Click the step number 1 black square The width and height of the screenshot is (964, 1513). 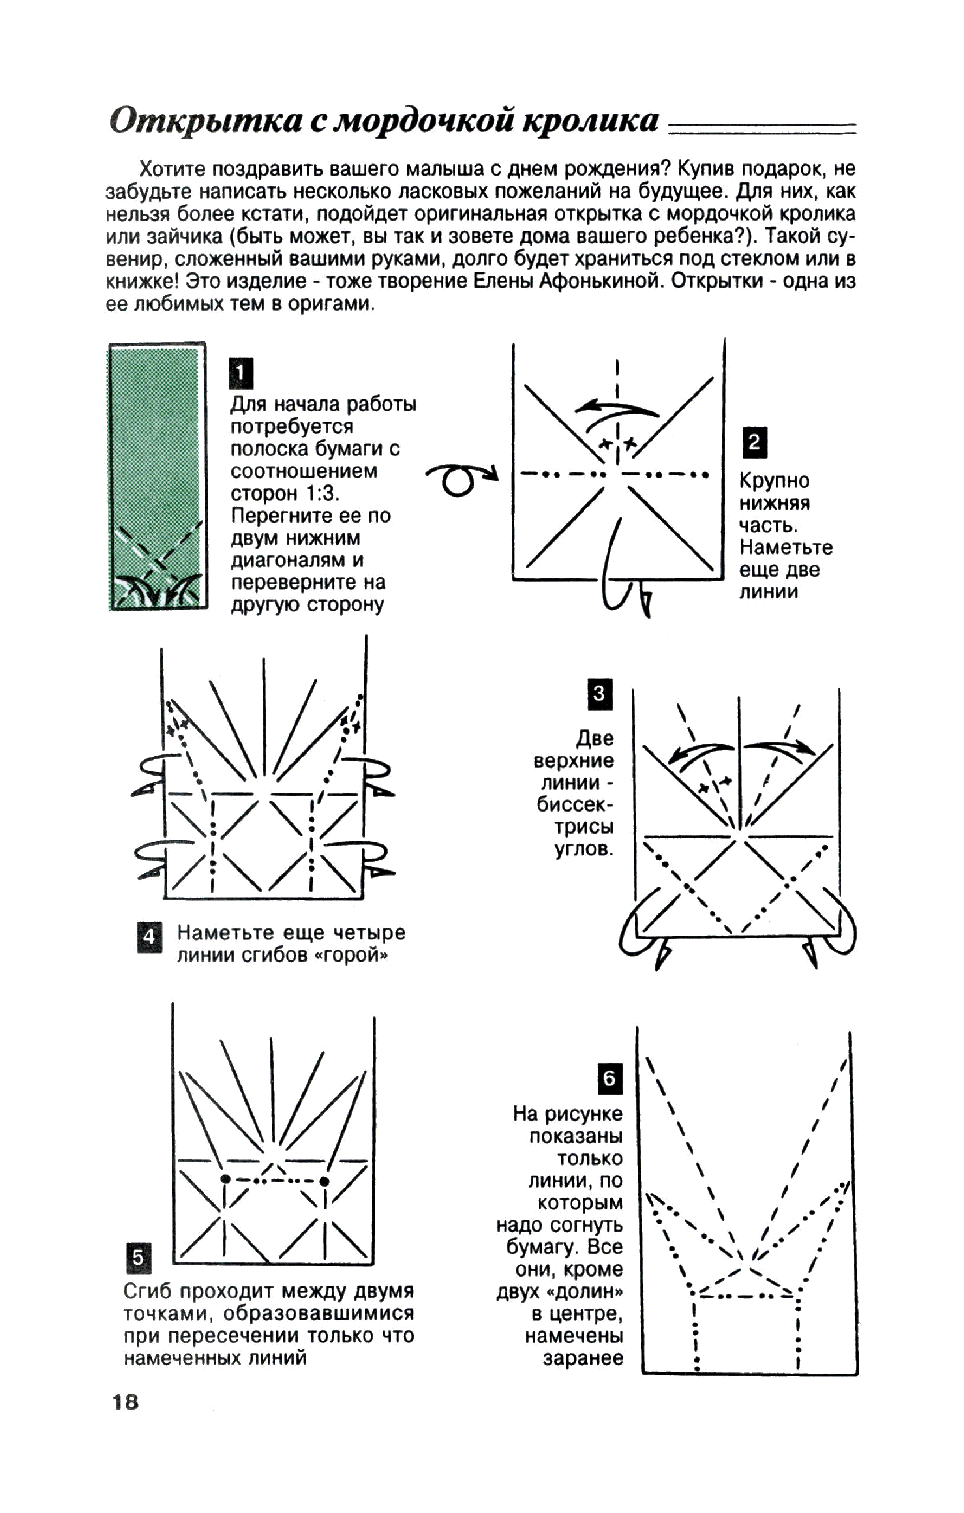coord(241,373)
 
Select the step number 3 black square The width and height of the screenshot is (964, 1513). coord(600,694)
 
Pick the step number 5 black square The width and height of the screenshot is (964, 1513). coord(138,1257)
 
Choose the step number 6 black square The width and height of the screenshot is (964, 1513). coord(609,1079)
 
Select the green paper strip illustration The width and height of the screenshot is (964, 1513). coord(158,476)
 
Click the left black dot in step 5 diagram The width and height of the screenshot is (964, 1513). coord(225,1179)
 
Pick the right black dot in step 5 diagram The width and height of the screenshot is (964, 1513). coord(324,1181)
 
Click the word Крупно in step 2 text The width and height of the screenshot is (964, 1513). coord(774,481)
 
